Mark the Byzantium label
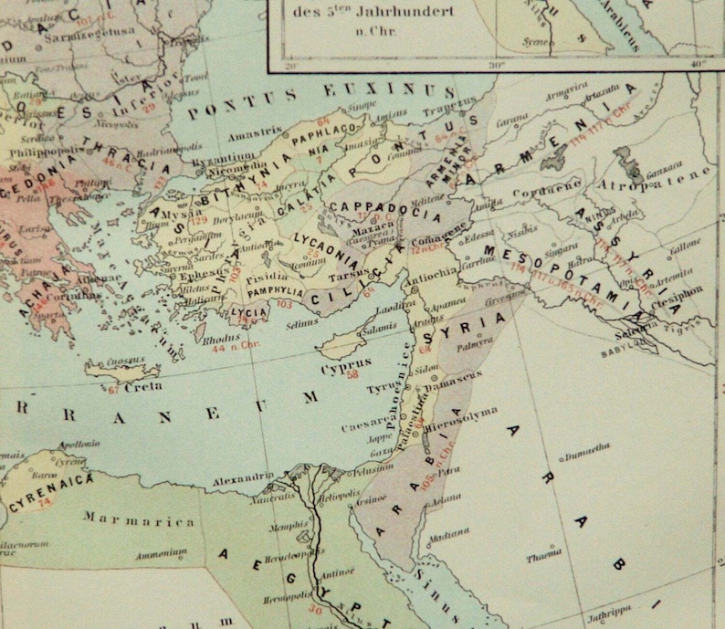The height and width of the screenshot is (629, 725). coord(215,158)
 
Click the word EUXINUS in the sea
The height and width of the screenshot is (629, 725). coord(405,92)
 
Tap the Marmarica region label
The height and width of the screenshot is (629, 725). coord(140,520)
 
